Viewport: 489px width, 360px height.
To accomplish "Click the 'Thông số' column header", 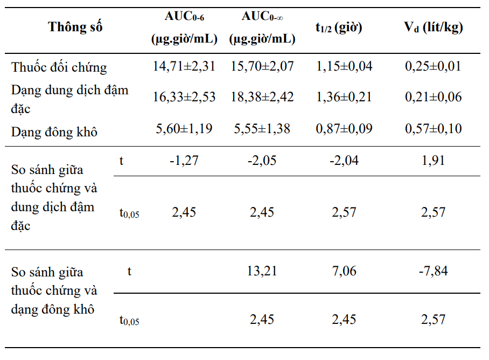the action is [75, 27].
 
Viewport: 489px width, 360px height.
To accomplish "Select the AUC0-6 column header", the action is [184, 27].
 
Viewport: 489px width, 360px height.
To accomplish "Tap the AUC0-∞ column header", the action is [262, 27].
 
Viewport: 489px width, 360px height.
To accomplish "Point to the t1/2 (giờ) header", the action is [339, 27].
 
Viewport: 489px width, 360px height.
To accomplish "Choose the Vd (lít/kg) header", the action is [433, 27].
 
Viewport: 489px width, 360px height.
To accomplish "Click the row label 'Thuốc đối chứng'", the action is [59, 67].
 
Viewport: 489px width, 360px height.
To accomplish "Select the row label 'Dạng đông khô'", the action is [54, 132].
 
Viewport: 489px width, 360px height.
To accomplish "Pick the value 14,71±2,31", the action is [184, 66].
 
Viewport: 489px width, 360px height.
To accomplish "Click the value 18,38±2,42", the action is [262, 96].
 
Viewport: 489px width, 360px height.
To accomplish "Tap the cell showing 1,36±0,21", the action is [344, 96].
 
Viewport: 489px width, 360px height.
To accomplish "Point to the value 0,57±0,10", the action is [433, 128].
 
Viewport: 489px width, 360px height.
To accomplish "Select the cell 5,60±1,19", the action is [184, 128].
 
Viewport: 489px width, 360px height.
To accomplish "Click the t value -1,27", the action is [184, 161].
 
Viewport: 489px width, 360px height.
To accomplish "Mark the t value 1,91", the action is [433, 161].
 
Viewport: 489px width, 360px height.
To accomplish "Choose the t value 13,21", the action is [262, 271].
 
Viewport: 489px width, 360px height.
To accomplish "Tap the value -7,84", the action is [433, 271].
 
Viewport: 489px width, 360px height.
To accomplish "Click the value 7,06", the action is [344, 271].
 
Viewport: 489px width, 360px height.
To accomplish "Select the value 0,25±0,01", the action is [433, 66].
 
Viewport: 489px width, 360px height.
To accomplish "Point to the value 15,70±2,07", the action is [262, 66].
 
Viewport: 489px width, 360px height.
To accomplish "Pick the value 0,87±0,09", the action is [344, 128].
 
